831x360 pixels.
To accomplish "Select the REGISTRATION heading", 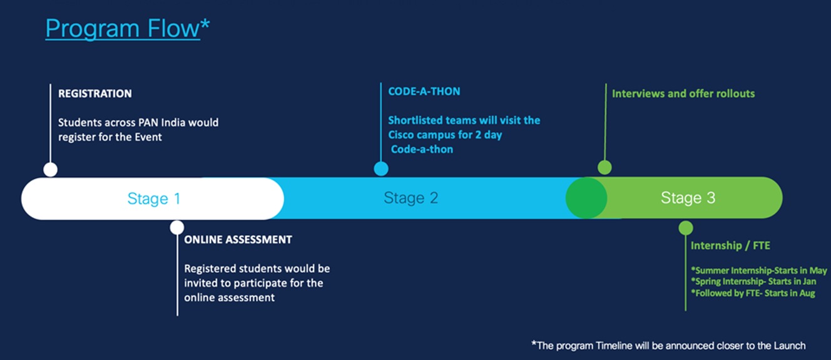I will point(95,93).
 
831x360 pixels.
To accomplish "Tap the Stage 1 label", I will point(154,198).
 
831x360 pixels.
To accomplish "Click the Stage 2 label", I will point(411,198).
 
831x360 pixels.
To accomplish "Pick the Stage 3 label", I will point(688,198).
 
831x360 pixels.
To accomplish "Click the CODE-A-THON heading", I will point(424,91).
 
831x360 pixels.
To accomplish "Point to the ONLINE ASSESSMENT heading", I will point(238,239).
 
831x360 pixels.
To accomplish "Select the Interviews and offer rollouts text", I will point(683,93).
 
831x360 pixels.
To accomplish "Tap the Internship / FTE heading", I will point(730,245).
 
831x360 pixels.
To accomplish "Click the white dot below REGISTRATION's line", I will point(51,169).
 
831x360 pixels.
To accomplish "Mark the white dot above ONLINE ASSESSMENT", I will point(177,227).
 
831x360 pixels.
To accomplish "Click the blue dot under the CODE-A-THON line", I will point(381,168).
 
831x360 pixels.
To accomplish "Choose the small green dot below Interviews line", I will point(604,167).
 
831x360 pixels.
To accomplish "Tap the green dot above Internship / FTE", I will point(686,228).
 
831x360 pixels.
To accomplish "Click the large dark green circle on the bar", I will point(586,198).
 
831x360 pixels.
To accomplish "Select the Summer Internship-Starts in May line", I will point(758,270).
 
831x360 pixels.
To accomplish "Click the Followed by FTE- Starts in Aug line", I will point(753,293).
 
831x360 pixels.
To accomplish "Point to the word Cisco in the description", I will point(403,135).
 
